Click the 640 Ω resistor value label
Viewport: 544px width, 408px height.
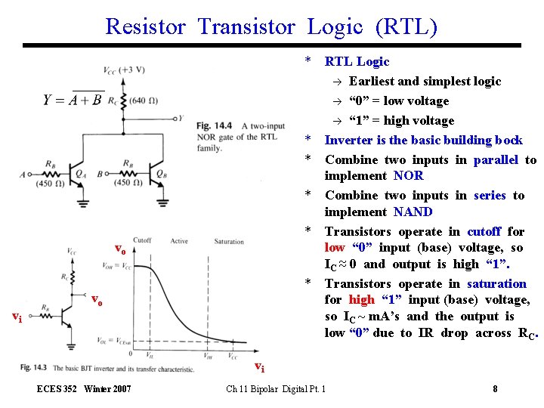144,101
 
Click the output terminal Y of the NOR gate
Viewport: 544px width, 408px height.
179,119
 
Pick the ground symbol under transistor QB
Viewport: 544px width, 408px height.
162,202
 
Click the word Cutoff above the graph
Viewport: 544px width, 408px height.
142,240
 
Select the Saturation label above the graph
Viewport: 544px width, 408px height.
229,241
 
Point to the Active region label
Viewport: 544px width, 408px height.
179,241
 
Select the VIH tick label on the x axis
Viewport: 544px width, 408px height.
209,354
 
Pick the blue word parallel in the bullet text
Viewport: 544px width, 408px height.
495,160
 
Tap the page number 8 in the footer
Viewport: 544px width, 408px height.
494,389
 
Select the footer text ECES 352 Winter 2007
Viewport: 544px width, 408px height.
84,389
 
